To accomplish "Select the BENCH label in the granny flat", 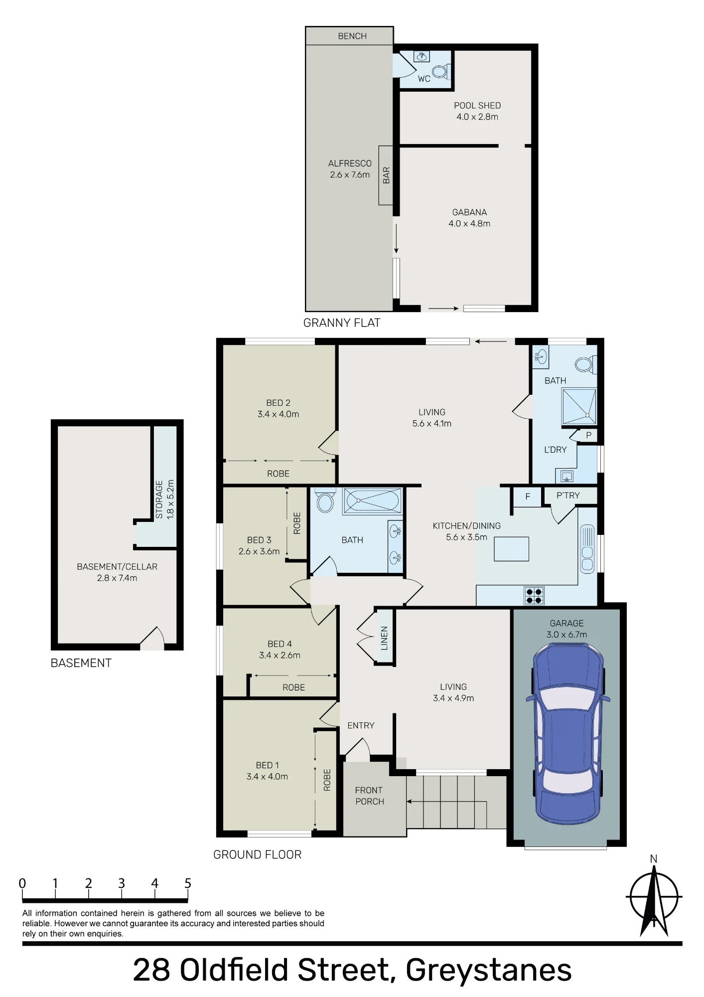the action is [x=352, y=36].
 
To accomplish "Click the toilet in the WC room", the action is [x=440, y=72].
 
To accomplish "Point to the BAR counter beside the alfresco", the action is [x=386, y=175].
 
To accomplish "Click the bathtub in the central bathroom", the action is [x=372, y=501].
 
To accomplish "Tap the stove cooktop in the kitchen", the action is [x=534, y=595].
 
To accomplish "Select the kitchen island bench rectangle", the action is [x=511, y=549].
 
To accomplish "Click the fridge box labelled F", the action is [x=528, y=497].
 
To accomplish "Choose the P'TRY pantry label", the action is [x=568, y=496].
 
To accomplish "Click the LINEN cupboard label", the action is [x=384, y=638].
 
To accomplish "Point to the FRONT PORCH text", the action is [x=369, y=796].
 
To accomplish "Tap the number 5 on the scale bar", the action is [x=188, y=884].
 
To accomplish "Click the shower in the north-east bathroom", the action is [x=579, y=406].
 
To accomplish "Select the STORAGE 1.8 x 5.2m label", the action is [x=165, y=499].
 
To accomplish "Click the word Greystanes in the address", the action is [x=489, y=970].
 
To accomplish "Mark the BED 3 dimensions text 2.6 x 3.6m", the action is [x=259, y=551].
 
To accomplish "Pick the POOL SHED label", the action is [x=477, y=106].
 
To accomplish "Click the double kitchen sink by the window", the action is [x=587, y=549].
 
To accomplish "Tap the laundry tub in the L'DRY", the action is [x=566, y=476].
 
